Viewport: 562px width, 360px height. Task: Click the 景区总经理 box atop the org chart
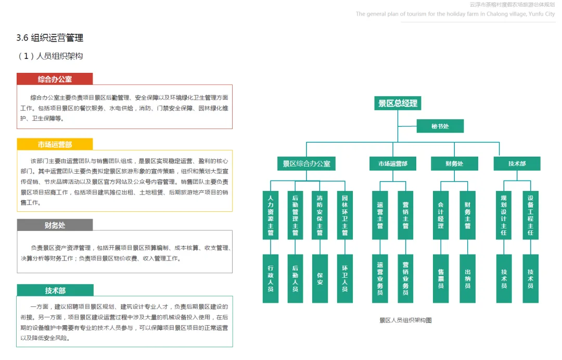pos(398,103)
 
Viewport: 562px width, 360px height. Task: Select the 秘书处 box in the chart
pos(440,126)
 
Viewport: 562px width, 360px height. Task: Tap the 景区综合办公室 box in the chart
pos(306,163)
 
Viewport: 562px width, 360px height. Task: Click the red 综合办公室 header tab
pos(55,79)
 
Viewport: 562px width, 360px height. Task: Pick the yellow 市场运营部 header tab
pos(55,144)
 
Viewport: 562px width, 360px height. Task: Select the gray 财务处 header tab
pos(55,225)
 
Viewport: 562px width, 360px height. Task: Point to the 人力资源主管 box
pos(271,215)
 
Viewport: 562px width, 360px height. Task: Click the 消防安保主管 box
pos(320,215)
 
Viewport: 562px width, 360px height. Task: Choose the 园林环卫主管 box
pos(344,215)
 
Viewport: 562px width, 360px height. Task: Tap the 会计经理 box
pos(441,215)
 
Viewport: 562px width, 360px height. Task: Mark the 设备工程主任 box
pos(530,215)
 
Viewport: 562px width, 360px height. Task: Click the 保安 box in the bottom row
pos(320,278)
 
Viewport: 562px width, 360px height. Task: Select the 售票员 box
pos(441,278)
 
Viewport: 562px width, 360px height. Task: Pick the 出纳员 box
pos(467,278)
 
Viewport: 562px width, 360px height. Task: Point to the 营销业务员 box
pos(405,278)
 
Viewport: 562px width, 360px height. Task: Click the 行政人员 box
pos(271,278)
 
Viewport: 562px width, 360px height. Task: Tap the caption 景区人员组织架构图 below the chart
pos(405,320)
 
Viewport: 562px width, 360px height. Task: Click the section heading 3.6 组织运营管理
pos(50,38)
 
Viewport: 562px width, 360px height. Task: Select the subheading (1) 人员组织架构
pos(50,56)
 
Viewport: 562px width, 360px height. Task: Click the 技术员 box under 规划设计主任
pos(504,278)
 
